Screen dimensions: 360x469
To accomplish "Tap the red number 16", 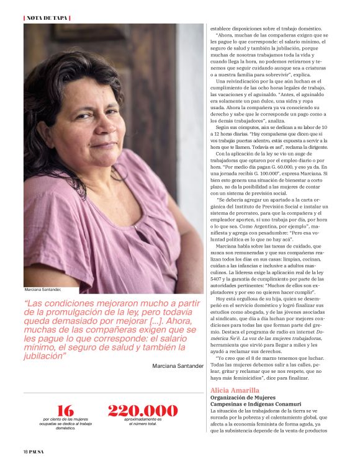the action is pyautogui.click(x=65, y=411).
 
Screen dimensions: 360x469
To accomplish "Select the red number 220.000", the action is pyautogui.click(x=143, y=411).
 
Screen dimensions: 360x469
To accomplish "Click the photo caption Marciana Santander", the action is pyautogui.click(x=43, y=290).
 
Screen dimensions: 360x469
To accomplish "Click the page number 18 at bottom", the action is pyautogui.click(x=25, y=452).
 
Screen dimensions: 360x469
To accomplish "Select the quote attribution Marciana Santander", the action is pyautogui.click(x=178, y=366).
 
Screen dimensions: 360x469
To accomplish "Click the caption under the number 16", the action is pyautogui.click(x=65, y=424).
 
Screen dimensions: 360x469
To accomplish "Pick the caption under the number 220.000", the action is pyautogui.click(x=143, y=422).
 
